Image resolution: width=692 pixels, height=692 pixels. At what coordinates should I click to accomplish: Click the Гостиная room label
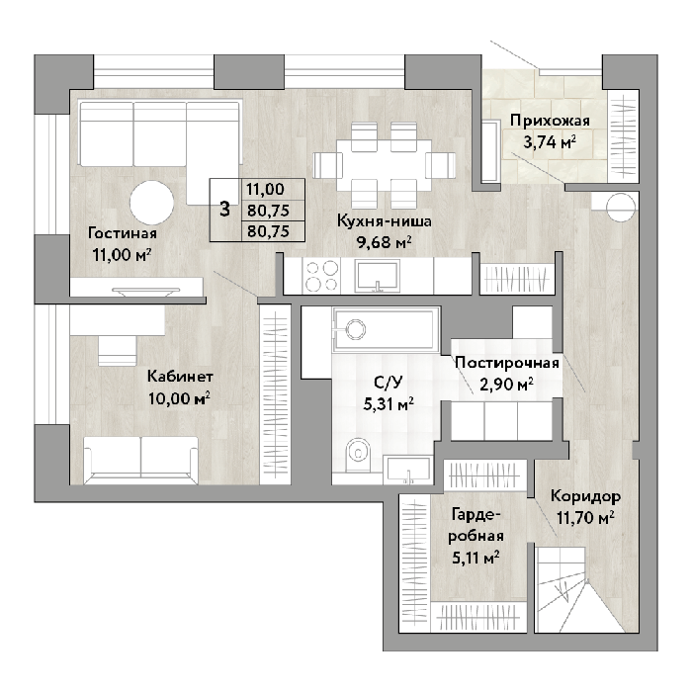tap(123, 232)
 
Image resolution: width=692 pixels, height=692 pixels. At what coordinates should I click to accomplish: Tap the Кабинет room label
tap(180, 377)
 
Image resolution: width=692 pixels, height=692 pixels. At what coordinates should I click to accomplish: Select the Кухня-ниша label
tap(384, 220)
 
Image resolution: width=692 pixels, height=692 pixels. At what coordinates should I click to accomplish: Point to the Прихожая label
tap(550, 121)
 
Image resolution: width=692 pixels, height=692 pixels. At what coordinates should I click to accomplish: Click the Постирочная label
tap(507, 363)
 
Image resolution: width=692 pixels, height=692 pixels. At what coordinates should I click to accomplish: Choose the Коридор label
tap(585, 496)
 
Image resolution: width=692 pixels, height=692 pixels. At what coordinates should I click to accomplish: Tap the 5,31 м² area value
tap(389, 403)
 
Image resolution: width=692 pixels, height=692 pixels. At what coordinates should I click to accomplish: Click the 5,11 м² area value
tap(476, 558)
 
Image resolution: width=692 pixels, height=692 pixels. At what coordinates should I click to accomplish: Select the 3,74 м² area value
tap(550, 142)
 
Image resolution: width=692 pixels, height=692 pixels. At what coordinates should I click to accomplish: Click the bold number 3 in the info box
tap(225, 210)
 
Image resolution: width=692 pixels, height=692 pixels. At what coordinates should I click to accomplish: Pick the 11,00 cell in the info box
tap(265, 189)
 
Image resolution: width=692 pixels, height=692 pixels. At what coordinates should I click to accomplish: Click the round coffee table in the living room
tap(151, 203)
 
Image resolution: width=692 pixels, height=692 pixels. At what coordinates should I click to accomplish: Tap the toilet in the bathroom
tap(359, 455)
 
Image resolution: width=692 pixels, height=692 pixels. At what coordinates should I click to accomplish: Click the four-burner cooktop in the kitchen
tap(321, 276)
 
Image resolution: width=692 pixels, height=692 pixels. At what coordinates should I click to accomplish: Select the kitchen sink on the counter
tap(378, 276)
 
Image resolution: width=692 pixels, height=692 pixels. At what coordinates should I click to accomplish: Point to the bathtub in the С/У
tap(385, 330)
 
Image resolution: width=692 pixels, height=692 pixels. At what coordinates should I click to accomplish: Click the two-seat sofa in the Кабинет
tap(140, 461)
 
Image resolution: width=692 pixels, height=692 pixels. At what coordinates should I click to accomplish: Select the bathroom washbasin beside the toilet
tap(407, 470)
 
